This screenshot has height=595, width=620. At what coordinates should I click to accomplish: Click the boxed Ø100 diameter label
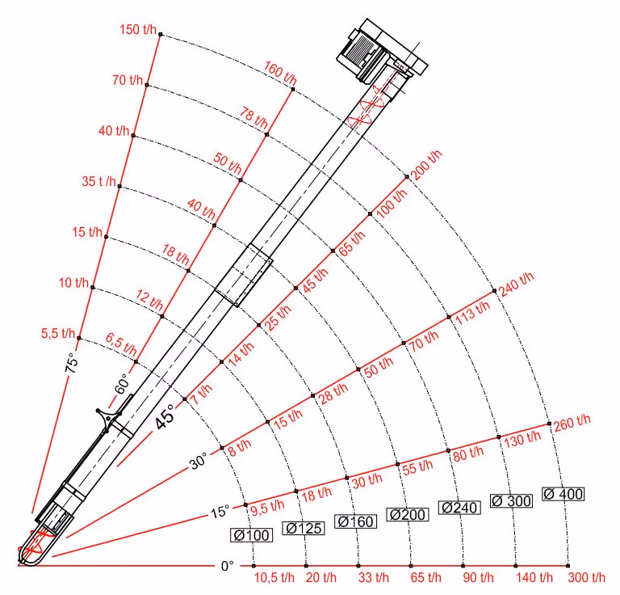pyautogui.click(x=252, y=535)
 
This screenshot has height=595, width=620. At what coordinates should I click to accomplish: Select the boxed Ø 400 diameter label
pyautogui.click(x=563, y=494)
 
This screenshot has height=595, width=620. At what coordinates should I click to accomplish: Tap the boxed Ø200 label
pyautogui.click(x=407, y=515)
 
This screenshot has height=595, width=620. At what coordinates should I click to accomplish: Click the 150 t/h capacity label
pyautogui.click(x=138, y=29)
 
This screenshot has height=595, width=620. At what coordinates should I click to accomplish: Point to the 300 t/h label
pyautogui.click(x=586, y=577)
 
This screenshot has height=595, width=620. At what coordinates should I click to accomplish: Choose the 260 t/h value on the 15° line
pyautogui.click(x=572, y=423)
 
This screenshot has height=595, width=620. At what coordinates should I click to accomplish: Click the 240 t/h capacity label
pyautogui.click(x=516, y=285)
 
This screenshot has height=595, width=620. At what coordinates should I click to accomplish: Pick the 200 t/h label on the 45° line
pyautogui.click(x=426, y=165)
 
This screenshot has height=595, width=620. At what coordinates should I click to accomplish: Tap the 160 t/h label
pyautogui.click(x=280, y=73)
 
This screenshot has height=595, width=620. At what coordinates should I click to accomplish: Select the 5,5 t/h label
pyautogui.click(x=58, y=333)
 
